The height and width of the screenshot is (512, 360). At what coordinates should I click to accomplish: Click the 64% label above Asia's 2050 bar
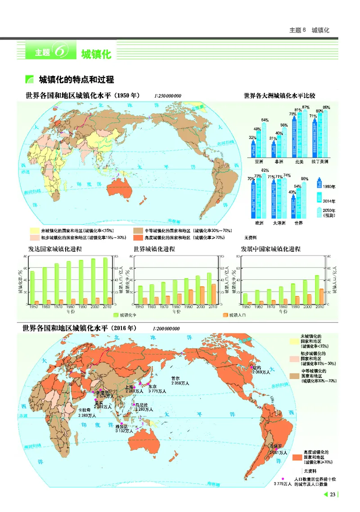[265, 120]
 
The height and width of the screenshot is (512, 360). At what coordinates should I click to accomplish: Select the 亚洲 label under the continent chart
[259, 161]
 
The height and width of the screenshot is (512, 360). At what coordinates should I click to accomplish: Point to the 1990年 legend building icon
[319, 185]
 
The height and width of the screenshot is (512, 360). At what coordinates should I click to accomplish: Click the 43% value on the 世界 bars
[292, 192]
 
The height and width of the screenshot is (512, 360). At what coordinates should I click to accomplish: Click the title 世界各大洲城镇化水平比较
[279, 96]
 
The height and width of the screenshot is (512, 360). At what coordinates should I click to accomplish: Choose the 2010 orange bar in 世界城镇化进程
[213, 294]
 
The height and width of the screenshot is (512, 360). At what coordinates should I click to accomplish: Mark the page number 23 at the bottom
[333, 495]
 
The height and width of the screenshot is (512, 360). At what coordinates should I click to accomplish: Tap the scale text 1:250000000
[167, 96]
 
